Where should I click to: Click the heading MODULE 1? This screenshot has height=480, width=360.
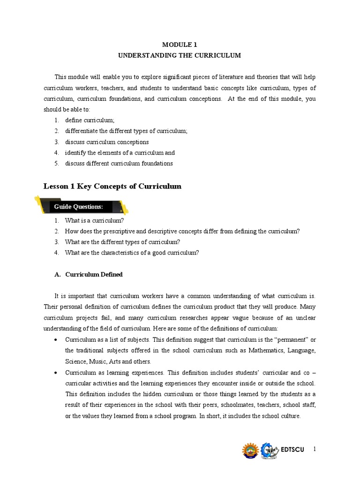180,45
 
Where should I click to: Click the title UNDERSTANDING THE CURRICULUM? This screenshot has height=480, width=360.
180,55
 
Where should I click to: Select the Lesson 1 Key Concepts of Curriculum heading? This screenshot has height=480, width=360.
112,186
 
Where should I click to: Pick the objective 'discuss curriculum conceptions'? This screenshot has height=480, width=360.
107,142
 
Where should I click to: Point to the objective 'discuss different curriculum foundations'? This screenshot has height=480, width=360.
119,164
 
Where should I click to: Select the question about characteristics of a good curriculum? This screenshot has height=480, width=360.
132,253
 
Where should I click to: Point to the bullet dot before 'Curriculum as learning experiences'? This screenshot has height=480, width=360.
56,373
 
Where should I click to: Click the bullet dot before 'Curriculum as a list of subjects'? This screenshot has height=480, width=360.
56,340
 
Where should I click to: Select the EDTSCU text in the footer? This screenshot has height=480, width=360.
292,450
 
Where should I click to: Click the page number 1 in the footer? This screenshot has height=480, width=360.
315,449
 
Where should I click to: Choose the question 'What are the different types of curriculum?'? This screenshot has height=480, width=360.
122,242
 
